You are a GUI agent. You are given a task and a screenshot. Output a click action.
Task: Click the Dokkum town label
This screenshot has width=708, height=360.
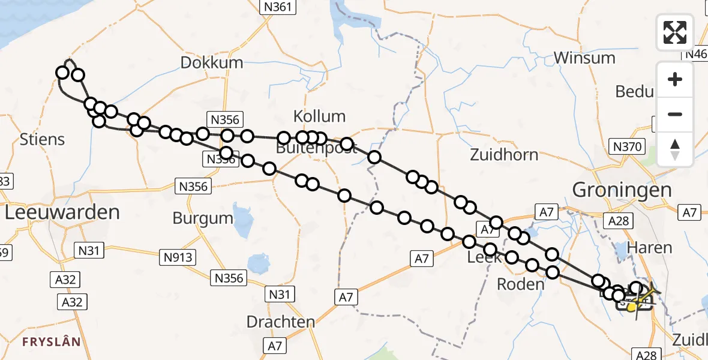[x=212, y=62]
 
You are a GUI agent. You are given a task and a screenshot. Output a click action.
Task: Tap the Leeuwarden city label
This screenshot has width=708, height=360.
[x=62, y=212]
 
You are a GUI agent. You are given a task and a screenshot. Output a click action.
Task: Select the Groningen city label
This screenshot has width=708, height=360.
[x=622, y=190]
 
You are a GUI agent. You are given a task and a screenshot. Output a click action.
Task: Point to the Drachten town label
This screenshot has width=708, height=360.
[x=281, y=321]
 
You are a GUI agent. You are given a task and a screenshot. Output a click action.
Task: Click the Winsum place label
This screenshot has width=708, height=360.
[x=584, y=58]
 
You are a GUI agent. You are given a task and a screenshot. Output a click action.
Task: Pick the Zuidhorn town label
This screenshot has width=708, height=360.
[x=504, y=155]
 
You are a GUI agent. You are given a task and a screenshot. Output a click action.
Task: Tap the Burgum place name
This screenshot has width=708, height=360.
[x=202, y=218]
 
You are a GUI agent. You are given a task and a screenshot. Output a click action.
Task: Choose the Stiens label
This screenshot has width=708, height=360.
[x=42, y=140]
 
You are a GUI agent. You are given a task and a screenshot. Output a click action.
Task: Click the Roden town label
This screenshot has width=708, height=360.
[x=520, y=284]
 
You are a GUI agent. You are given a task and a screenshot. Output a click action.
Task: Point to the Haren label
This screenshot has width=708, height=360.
[x=649, y=247]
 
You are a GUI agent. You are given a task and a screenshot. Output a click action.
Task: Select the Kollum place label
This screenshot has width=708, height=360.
[x=319, y=116]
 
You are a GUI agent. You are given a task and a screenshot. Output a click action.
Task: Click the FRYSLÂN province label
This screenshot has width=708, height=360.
[x=52, y=342]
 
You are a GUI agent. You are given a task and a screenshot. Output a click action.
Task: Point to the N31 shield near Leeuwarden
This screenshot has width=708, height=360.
[x=88, y=250]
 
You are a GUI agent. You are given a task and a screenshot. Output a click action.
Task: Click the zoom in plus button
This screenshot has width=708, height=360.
[x=675, y=80]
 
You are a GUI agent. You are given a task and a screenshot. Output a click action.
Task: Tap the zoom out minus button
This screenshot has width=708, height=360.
[x=675, y=114]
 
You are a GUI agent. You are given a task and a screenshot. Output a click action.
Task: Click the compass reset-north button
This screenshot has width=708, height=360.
[x=675, y=149]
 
